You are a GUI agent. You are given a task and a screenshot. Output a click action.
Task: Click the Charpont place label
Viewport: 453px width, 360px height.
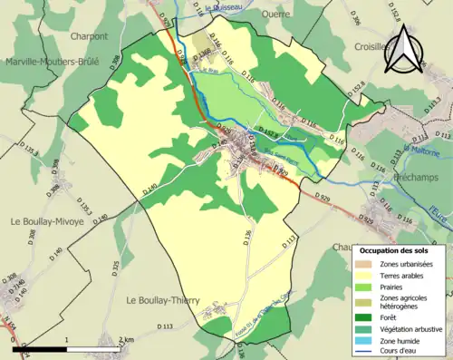pyautogui.click(x=89, y=37)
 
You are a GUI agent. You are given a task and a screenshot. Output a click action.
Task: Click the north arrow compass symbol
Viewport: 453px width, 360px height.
pyautogui.click(x=404, y=49)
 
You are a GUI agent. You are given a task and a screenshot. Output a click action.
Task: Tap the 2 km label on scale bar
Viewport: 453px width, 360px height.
pyautogui.click(x=127, y=339)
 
